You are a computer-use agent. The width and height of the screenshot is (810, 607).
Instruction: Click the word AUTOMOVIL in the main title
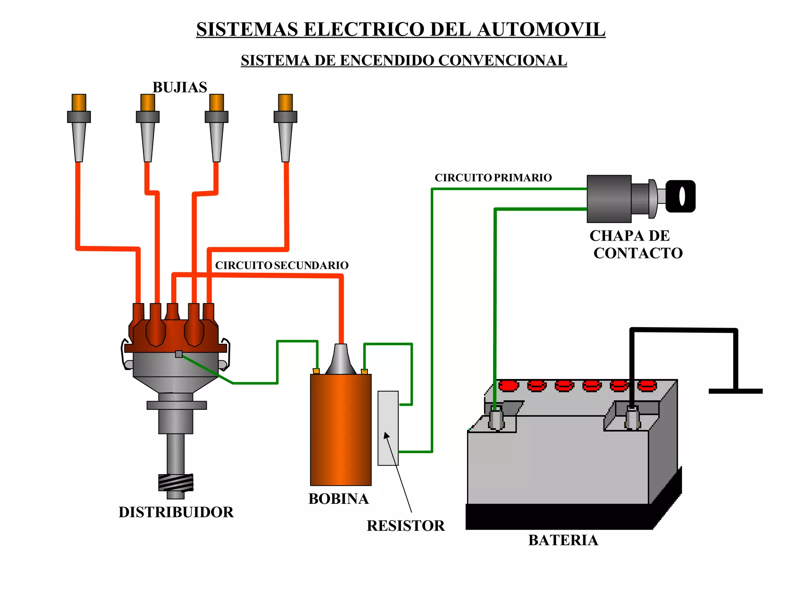pos(541,30)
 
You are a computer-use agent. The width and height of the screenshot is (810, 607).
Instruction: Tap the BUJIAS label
pos(180,87)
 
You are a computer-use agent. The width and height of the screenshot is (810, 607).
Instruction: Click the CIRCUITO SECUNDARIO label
pos(282,265)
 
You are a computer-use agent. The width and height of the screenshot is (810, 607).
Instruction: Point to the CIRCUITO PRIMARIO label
pos(493,178)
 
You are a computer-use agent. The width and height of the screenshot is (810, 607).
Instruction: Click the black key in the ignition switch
pos(680,196)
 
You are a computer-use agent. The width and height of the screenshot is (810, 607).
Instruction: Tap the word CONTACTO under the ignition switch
pos(638,253)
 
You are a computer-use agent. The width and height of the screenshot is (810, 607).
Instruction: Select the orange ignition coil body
pos(341,430)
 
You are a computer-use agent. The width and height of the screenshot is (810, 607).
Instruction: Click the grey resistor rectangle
pos(388,428)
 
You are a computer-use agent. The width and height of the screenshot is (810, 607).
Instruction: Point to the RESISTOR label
pos(405,526)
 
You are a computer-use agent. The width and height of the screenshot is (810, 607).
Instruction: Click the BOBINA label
pos(339,499)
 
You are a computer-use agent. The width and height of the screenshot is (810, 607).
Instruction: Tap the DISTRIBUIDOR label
pos(176,512)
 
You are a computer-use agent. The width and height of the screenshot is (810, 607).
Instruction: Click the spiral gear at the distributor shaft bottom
pos(176,483)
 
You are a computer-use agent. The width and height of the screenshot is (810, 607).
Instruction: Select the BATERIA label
pos(563,540)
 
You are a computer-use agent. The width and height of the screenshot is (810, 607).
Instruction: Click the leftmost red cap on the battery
pos(509,385)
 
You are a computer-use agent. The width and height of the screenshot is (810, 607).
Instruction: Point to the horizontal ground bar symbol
pos(735,391)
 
